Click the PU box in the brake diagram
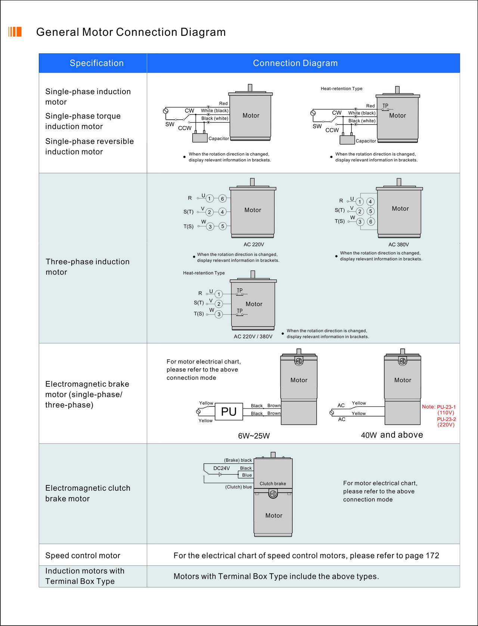point(229,412)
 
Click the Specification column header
point(96,63)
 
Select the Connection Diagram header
point(295,63)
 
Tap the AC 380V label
point(398,245)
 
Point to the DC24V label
point(221,468)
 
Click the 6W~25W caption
point(254,436)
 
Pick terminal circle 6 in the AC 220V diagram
point(222,199)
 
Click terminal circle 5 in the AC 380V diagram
point(370,211)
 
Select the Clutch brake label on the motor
point(273,484)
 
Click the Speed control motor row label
point(83,555)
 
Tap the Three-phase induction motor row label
point(87,267)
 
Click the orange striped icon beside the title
point(15,32)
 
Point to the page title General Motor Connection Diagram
point(131,32)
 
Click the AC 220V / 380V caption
point(253,337)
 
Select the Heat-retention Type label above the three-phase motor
point(204,273)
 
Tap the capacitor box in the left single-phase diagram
point(200,138)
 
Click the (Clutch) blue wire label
point(238,487)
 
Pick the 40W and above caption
point(392,435)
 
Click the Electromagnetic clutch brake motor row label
point(88,493)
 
